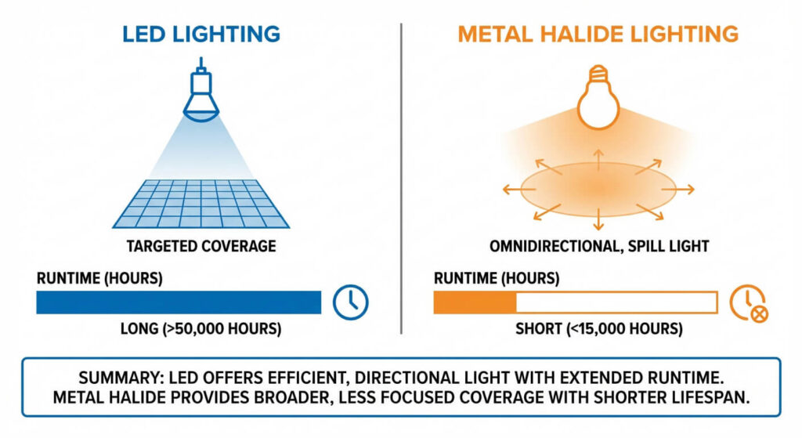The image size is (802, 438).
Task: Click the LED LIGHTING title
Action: pos(201,34)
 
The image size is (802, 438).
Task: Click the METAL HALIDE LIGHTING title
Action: pos(598,34)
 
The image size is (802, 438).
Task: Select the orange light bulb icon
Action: pos(598,97)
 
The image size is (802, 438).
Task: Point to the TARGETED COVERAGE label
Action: pos(201,246)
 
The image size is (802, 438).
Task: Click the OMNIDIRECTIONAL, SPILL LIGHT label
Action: pos(599,246)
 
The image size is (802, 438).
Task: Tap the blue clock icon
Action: pos(350,302)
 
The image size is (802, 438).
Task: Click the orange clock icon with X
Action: pos(748,303)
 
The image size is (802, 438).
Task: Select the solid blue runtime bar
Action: pos(179,302)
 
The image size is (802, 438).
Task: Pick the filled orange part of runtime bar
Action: pos(475,302)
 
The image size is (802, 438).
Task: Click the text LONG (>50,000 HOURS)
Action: pos(200,328)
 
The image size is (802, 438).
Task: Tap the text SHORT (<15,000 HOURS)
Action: pos(599,328)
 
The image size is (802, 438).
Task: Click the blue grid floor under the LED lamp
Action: pos(201,204)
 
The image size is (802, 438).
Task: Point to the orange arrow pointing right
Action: pos(678,190)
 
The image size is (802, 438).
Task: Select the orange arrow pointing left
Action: pos(519,190)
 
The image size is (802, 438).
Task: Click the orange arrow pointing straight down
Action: pos(598,219)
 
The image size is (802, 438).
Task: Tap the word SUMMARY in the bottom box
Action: pos(120,378)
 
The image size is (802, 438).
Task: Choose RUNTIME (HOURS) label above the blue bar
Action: pos(99,278)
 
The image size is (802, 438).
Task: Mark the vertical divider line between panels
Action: pos(401,179)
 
